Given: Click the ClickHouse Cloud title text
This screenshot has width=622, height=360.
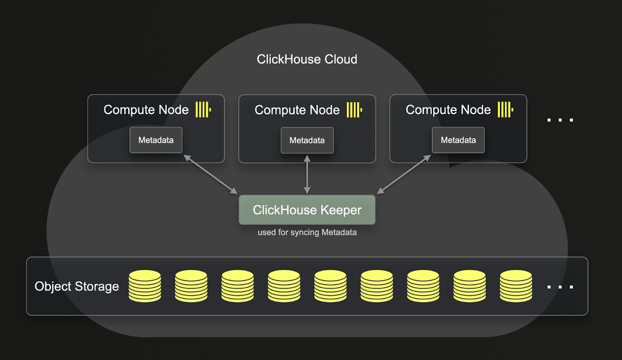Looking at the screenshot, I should coord(307,59).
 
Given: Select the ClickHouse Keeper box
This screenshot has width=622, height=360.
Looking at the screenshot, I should coord(307,210).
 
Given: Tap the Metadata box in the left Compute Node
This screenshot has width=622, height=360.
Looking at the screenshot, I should coord(155,140).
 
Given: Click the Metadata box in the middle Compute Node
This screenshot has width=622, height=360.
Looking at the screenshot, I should coord(307,140).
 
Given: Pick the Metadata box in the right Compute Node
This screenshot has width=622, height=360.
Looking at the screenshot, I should coord(458,140).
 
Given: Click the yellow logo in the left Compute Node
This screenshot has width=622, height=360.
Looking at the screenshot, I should coord(203,110).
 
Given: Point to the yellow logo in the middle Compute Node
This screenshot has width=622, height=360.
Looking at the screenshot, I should coord(354,110).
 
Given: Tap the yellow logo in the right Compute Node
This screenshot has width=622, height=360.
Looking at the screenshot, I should coord(505,110).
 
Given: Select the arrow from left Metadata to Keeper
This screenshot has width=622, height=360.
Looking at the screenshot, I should coord(210,174).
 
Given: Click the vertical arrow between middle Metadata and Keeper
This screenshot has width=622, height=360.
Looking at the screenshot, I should coord(307,174).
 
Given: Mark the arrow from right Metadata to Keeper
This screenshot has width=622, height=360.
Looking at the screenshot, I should coord(404,174).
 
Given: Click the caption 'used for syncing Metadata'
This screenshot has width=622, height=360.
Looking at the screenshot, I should coord(307,233).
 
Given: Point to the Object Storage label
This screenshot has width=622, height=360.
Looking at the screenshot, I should coord(77,287).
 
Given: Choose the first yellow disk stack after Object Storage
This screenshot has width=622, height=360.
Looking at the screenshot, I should coord(145,286).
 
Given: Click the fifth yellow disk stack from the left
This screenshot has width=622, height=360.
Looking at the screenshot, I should coord(330,286).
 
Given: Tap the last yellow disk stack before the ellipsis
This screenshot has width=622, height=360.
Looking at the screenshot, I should coord(516,286).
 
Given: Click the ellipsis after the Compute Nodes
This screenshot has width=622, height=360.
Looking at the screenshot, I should coord(560,120).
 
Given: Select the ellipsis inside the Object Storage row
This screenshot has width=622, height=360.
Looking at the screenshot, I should coord(560,287).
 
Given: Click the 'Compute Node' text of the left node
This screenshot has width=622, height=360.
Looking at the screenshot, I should coord(146,110).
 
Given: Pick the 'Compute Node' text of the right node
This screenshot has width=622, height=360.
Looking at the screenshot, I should coord(448,110).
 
